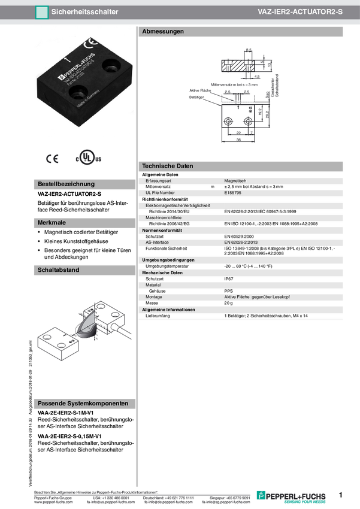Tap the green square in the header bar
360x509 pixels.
(x=41, y=12)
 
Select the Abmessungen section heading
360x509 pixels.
(x=163, y=31)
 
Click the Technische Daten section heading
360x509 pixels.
(x=167, y=166)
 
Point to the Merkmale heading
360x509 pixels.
(x=52, y=222)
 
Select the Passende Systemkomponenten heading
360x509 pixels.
(x=83, y=404)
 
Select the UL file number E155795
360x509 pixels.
(x=233, y=193)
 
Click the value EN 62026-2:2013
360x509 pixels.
(x=245, y=242)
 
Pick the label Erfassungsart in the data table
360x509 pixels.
(x=159, y=180)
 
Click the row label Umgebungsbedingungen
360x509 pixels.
(x=167, y=259)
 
